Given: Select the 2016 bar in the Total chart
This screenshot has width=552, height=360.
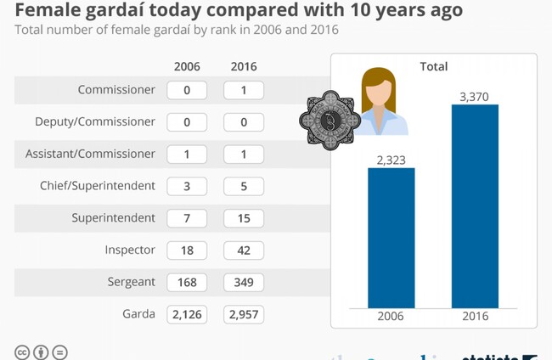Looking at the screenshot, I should pyautogui.click(x=475, y=205).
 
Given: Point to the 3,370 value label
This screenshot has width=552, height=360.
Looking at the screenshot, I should pyautogui.click(x=475, y=97).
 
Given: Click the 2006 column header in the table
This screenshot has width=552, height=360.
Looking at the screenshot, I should pyautogui.click(x=187, y=66).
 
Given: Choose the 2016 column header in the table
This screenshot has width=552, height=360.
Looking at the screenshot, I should pyautogui.click(x=243, y=66).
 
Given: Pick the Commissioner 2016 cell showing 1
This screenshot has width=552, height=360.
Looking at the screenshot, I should pyautogui.click(x=244, y=90).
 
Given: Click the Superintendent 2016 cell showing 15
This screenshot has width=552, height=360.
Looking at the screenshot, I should pyautogui.click(x=244, y=218).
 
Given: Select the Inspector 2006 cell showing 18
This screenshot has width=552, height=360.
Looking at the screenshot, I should pyautogui.click(x=188, y=250).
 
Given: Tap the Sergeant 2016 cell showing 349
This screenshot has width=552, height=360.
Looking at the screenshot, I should pyautogui.click(x=244, y=282).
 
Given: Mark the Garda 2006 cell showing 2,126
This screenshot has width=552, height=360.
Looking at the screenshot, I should pyautogui.click(x=188, y=314).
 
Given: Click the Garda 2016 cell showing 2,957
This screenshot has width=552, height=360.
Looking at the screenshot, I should pyautogui.click(x=244, y=314).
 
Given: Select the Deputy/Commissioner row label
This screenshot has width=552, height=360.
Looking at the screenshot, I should pyautogui.click(x=107, y=121).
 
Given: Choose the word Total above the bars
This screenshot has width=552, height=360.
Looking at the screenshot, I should pyautogui.click(x=433, y=66).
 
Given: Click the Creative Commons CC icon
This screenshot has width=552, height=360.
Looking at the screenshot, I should pyautogui.click(x=22, y=352).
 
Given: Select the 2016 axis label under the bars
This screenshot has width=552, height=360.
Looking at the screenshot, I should pyautogui.click(x=475, y=317).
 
